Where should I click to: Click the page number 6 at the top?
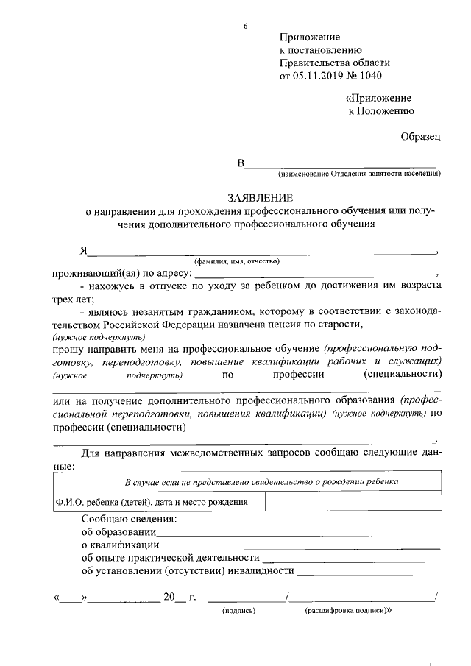click(246, 26)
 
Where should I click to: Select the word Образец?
click(421, 137)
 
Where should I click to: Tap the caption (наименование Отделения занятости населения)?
click(358, 174)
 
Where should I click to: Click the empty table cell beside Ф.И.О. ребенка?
click(353, 502)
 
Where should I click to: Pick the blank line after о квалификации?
click(300, 545)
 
